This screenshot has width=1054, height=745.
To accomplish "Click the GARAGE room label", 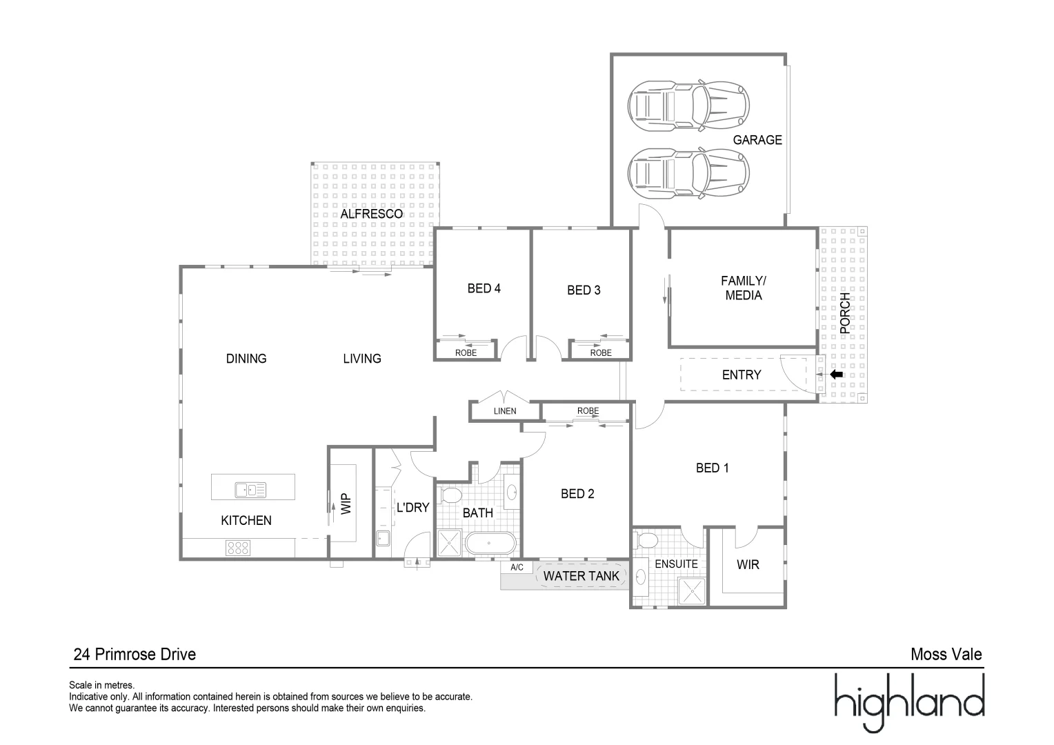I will (x=757, y=140).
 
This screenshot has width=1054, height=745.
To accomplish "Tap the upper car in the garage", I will (x=688, y=106).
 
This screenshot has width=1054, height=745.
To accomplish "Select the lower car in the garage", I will (x=688, y=172).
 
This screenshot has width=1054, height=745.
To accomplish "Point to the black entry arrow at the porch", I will (x=836, y=375).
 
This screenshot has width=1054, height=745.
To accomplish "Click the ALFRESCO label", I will (x=371, y=214).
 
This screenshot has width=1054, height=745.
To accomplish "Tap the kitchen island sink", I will (x=250, y=490).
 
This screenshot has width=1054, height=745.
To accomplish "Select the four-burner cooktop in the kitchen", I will (x=238, y=548).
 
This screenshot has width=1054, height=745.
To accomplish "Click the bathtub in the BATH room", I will (x=490, y=544).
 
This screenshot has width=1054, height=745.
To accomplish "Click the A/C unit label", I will (x=517, y=568).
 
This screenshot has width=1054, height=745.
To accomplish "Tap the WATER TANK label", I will (x=581, y=575).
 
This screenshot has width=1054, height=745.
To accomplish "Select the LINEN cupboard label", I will (x=504, y=411).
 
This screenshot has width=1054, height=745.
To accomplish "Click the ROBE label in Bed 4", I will (x=466, y=352).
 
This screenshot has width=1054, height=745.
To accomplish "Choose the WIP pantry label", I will (x=346, y=504).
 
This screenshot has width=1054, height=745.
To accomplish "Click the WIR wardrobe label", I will (x=748, y=565).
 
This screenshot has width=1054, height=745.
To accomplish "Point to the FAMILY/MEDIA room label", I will (x=743, y=288).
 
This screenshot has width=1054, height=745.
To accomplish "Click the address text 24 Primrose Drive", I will (x=135, y=654).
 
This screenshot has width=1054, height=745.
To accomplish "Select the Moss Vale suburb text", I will (x=946, y=654).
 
